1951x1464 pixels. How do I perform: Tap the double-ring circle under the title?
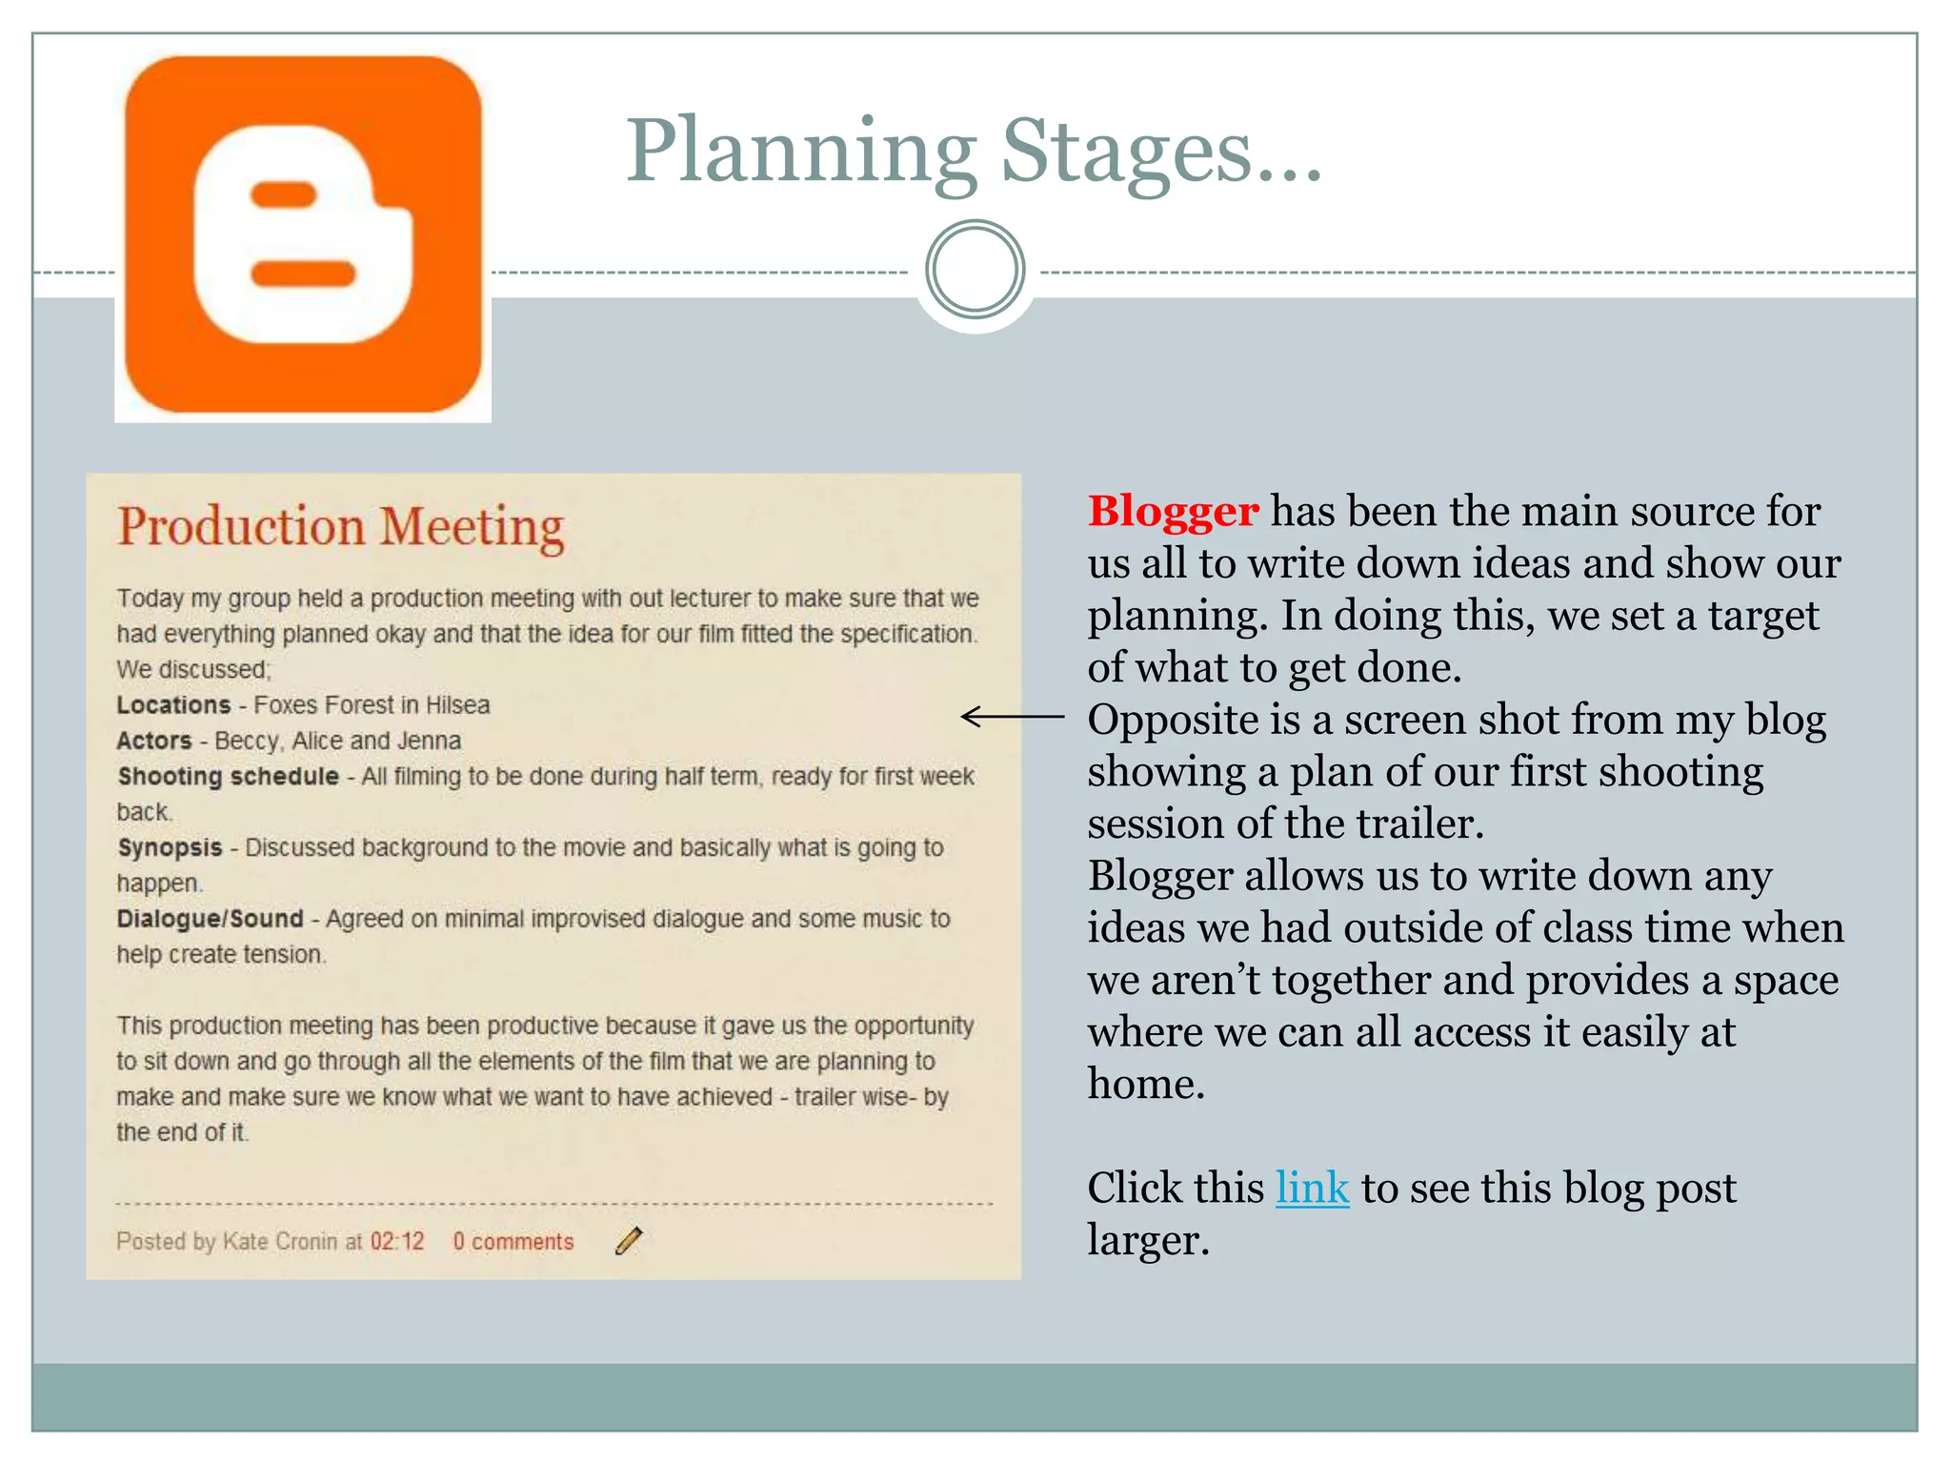pos(975,270)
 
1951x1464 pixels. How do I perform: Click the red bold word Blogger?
pos(1173,512)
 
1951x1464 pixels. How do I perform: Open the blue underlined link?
pos(1312,1189)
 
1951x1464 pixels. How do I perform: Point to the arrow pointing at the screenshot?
pos(1012,716)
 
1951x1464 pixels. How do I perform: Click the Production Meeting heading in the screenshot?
pos(340,527)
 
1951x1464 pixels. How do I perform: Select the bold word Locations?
pos(173,705)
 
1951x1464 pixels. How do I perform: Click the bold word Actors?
pos(154,741)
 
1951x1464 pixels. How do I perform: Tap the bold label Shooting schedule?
pos(228,777)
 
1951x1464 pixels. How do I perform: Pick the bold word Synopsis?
pos(170,847)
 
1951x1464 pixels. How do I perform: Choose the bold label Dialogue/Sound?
pos(210,919)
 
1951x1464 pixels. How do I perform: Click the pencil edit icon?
pos(629,1241)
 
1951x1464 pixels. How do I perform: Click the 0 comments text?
pos(513,1242)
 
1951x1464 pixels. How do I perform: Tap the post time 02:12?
pos(396,1242)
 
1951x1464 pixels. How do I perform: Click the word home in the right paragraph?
pos(1146,1085)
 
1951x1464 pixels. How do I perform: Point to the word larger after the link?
pos(1148,1241)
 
